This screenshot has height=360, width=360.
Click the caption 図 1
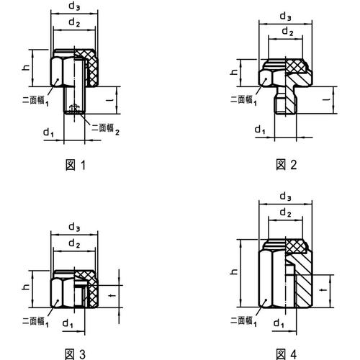click(76, 165)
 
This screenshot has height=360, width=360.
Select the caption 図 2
click(287, 165)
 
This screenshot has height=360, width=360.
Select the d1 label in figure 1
click(48, 132)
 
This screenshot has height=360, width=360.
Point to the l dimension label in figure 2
click(325, 92)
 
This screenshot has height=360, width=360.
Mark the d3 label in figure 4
click(285, 196)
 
